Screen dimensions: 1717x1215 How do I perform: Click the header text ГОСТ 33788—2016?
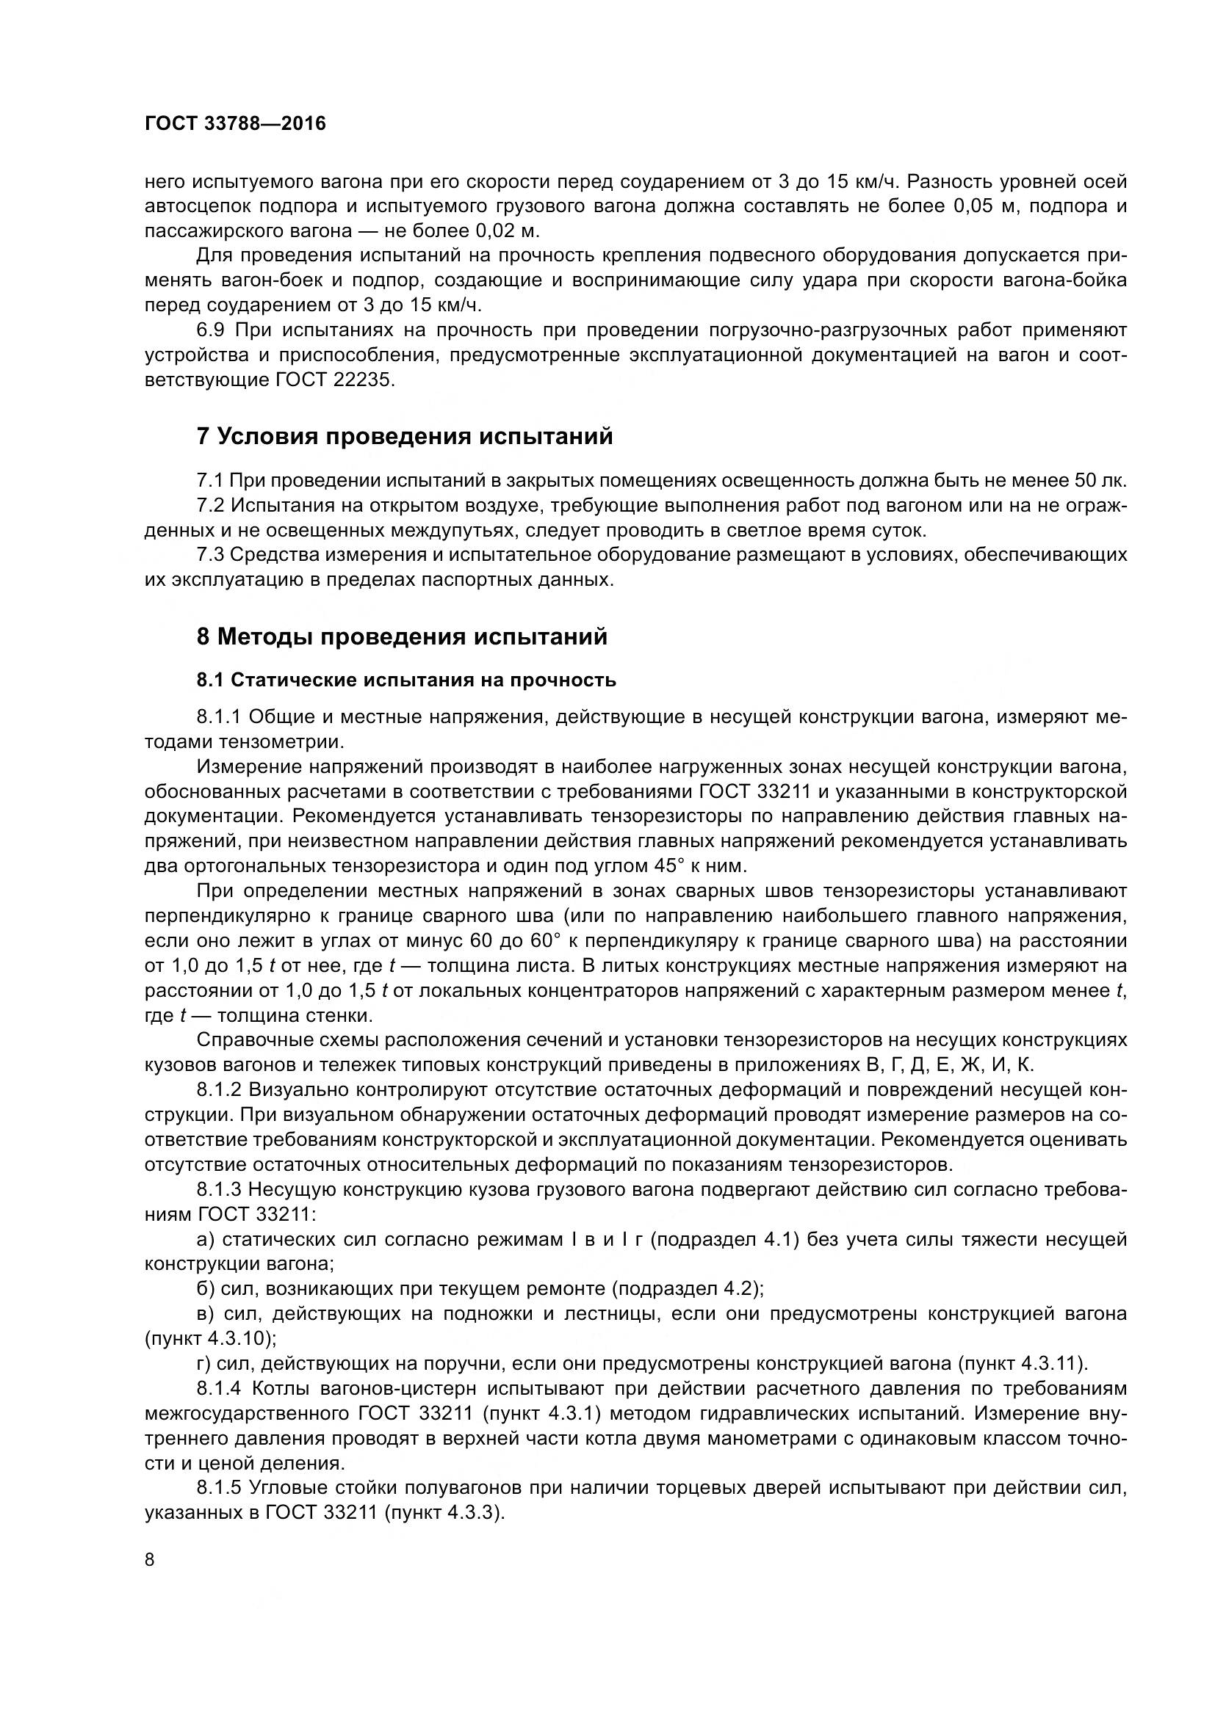(235, 124)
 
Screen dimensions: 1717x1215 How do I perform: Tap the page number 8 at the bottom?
(150, 1559)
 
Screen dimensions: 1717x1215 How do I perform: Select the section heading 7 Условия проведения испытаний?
(404, 437)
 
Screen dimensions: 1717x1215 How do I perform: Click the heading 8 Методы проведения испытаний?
(402, 637)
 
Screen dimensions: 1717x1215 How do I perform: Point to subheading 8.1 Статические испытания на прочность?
(406, 680)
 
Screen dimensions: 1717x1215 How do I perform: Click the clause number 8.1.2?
(219, 1089)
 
